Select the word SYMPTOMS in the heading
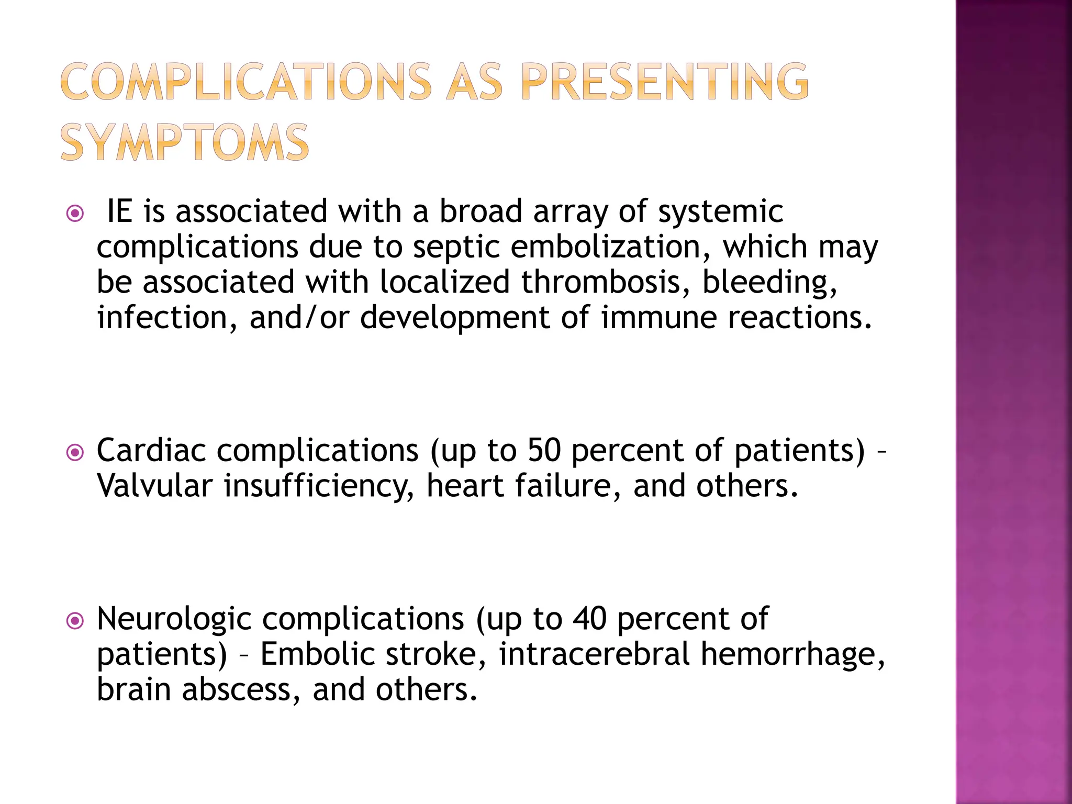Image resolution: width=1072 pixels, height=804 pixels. tap(185, 142)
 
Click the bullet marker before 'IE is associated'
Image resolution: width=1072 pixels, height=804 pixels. tap(76, 214)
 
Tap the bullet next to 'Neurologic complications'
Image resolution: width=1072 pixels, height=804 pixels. tap(76, 621)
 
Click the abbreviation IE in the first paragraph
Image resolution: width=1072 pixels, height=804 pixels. tap(119, 211)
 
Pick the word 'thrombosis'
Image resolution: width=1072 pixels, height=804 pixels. tap(605, 282)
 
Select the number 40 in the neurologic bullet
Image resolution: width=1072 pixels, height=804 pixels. tap(589, 619)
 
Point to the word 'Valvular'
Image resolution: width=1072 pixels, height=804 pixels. tap(154, 486)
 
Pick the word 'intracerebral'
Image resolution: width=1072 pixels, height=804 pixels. tap(594, 654)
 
